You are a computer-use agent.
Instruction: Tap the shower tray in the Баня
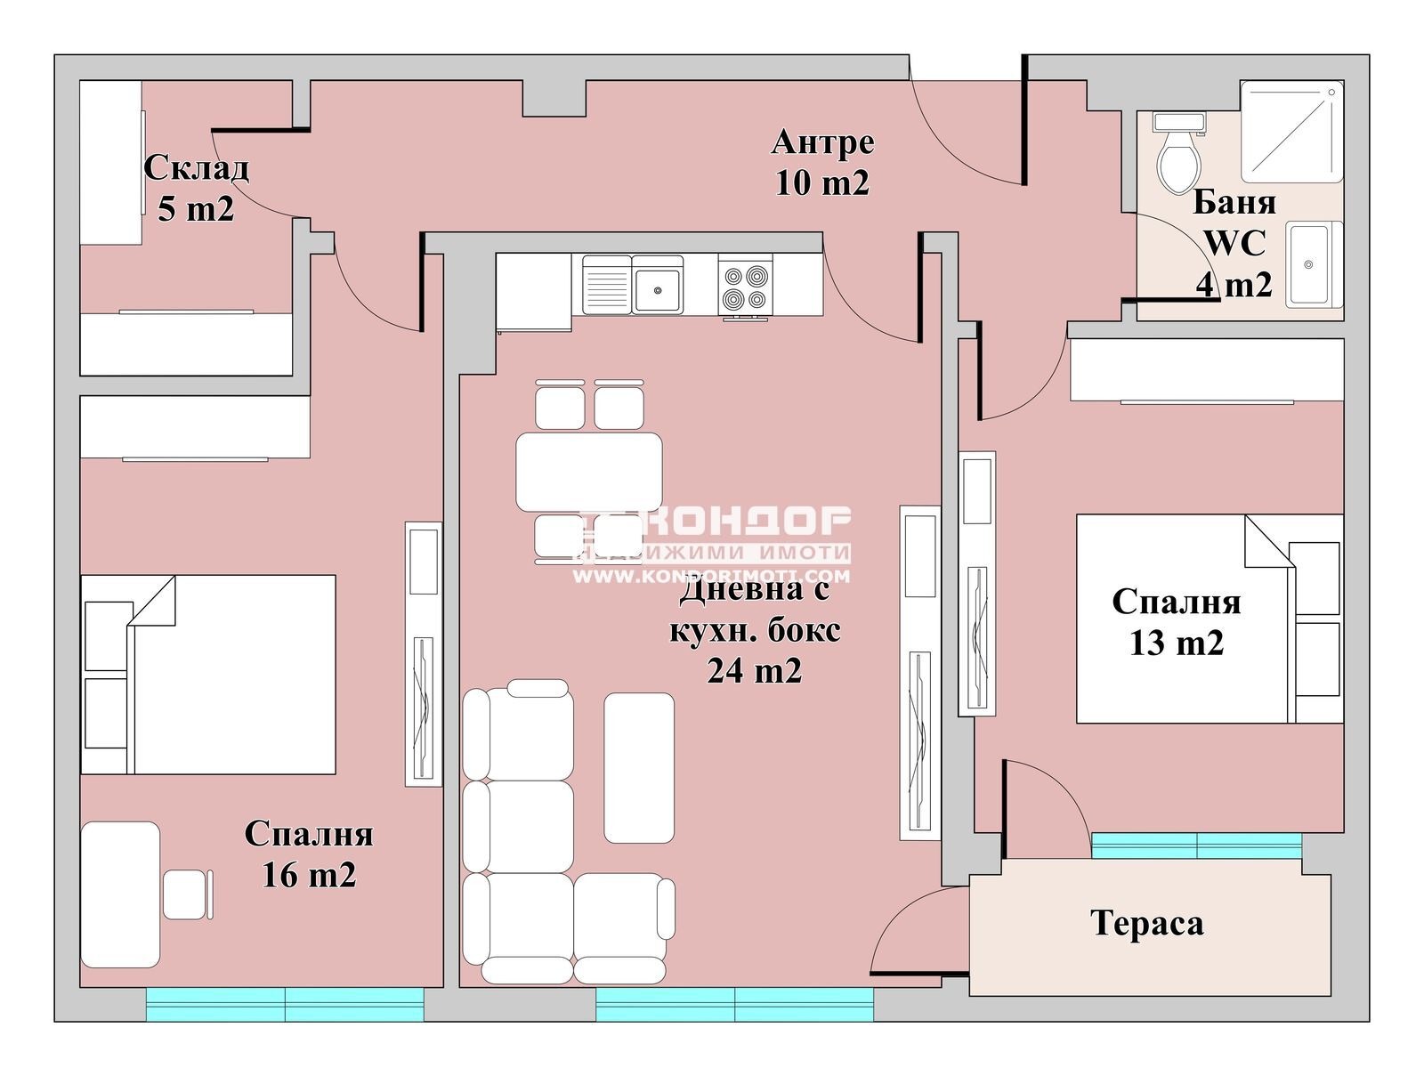click(x=1290, y=132)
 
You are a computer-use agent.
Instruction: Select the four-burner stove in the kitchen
click(x=745, y=287)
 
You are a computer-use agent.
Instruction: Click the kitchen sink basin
click(x=658, y=287)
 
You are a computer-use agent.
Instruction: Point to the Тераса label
click(x=1146, y=923)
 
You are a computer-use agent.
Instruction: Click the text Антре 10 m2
click(x=822, y=162)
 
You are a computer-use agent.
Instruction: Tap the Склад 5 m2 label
click(x=196, y=188)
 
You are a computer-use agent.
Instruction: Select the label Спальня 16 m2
click(x=309, y=854)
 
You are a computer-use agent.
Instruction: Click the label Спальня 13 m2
click(x=1176, y=622)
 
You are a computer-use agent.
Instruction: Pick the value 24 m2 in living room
click(x=754, y=670)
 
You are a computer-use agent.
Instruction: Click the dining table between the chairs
click(x=588, y=472)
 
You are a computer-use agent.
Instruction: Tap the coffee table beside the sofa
click(x=638, y=767)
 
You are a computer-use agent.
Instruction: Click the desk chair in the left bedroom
click(x=185, y=894)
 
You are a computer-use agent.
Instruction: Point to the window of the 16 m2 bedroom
click(x=285, y=1004)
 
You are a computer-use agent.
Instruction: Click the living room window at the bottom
click(x=734, y=1004)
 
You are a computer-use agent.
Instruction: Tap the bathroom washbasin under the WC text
click(x=1313, y=264)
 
